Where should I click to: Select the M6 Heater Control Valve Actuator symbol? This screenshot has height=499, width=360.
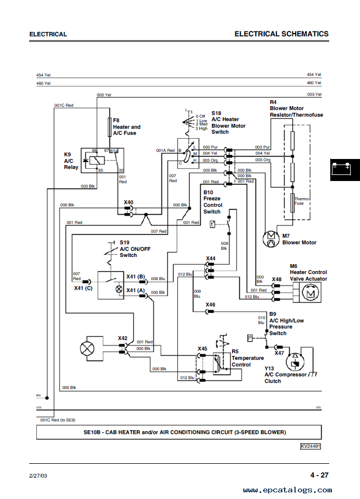point(309,294)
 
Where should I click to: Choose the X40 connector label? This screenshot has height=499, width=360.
point(128,202)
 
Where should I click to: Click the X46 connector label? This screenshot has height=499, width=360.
point(210,304)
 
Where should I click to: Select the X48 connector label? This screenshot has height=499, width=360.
point(276,279)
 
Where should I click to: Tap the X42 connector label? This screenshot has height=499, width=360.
point(123,338)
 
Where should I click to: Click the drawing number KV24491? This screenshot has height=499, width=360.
point(310,446)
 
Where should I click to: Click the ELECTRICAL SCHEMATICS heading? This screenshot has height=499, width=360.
point(281,34)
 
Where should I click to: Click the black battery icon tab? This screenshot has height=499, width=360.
point(345,171)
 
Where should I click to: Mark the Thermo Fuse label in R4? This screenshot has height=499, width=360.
point(299,201)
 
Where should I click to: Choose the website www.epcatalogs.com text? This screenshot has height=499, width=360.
point(287,490)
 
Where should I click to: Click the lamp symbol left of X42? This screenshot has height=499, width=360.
point(87,348)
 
